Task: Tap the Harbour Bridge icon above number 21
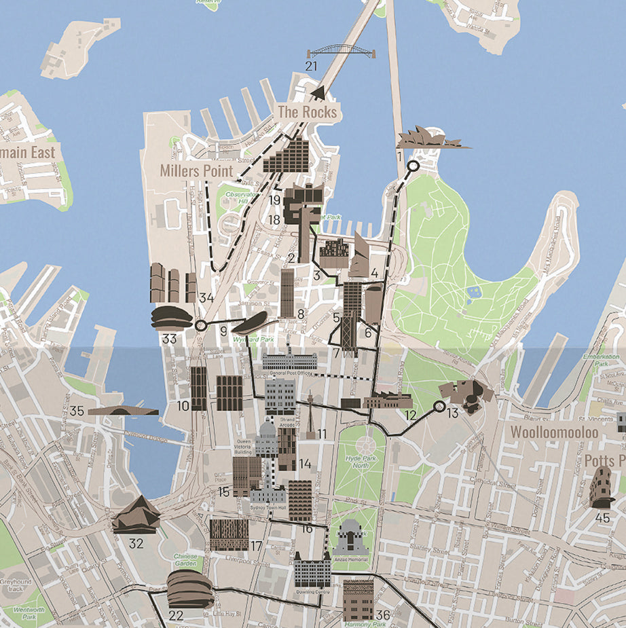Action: pos(341,52)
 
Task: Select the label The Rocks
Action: pos(308,112)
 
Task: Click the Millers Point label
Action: pos(196,171)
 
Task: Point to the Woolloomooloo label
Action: pos(554,432)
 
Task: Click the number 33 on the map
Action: pos(169,338)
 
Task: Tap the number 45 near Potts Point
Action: pos(602,517)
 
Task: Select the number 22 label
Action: pos(176,616)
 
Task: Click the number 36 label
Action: pos(383,615)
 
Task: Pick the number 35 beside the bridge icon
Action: pos(77,411)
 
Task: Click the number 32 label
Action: pos(136,542)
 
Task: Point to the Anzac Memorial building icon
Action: pos(350,540)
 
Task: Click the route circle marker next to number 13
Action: pos(439,407)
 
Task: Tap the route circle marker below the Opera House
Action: pos(412,166)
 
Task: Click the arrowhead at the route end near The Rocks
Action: pos(317,92)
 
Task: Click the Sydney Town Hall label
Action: pos(268,507)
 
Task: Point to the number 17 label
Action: pos(256,546)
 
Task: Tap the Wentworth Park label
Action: pos(28,614)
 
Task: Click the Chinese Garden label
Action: pos(185,559)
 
